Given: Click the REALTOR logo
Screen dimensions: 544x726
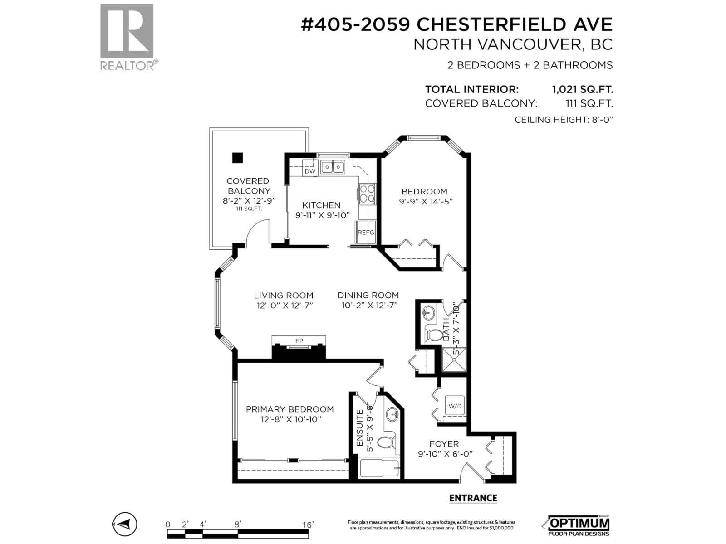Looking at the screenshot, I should click(x=127, y=36).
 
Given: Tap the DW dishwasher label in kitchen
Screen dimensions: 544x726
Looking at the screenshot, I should click(x=310, y=171).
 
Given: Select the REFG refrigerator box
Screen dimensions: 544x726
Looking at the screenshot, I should click(x=366, y=233).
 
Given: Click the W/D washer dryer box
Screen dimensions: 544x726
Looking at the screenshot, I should click(x=455, y=406).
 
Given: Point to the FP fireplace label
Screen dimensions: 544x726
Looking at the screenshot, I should click(x=299, y=340).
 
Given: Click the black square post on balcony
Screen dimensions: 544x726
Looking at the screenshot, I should click(x=237, y=158).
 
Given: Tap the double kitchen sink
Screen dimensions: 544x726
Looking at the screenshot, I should click(x=333, y=167).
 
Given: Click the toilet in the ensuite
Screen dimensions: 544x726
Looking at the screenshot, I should click(x=387, y=442).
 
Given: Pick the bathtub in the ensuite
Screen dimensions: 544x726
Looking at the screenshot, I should click(x=379, y=468).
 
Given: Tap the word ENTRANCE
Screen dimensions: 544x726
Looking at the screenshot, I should click(x=473, y=498).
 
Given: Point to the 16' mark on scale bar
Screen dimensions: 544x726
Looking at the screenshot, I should click(x=308, y=525).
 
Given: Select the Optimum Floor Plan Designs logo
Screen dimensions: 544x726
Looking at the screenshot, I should click(x=578, y=525).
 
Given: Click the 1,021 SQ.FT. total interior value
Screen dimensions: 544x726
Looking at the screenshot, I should click(x=582, y=89).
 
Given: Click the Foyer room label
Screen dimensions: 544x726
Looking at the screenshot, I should click(x=444, y=444).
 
